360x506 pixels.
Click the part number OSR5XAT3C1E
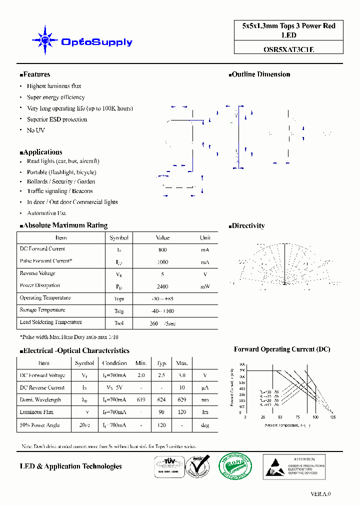288,49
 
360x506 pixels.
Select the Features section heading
36,74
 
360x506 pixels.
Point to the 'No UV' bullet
35,130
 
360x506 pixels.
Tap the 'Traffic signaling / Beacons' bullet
59,191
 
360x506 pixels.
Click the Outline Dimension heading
260,74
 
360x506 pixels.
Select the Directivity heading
248,226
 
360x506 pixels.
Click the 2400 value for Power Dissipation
162,286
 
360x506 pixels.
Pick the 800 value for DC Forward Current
162,249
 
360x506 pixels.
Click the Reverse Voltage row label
37,273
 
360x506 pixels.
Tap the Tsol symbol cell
118,323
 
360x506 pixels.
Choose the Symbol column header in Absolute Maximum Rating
118,237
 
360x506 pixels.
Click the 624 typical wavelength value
162,400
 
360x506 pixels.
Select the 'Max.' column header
182,363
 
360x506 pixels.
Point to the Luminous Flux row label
36,412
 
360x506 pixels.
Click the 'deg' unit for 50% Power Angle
204,425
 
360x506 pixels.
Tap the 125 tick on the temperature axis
332,417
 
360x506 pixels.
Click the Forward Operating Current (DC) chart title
281,349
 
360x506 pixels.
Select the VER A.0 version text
320,493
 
